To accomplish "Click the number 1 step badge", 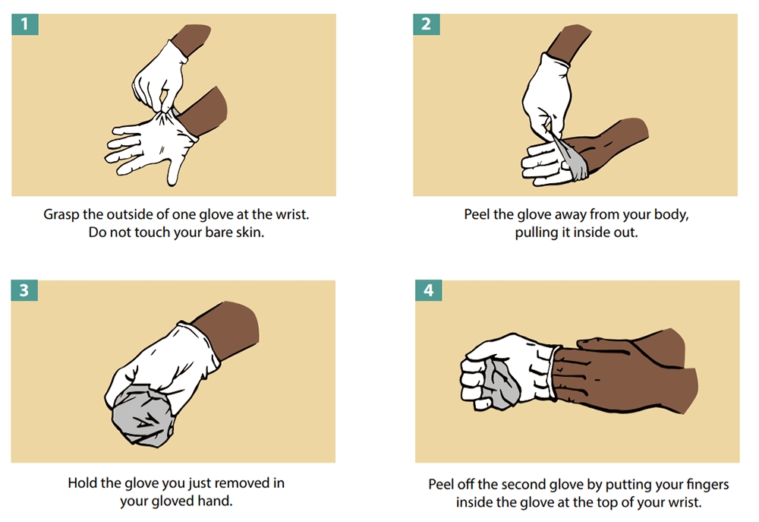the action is (25, 24).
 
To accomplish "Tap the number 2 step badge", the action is (426, 24).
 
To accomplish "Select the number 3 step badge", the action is (24, 290).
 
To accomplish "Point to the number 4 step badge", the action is (428, 290).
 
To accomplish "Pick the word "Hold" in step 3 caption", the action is (80, 483).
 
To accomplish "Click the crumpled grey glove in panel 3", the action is (142, 414).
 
